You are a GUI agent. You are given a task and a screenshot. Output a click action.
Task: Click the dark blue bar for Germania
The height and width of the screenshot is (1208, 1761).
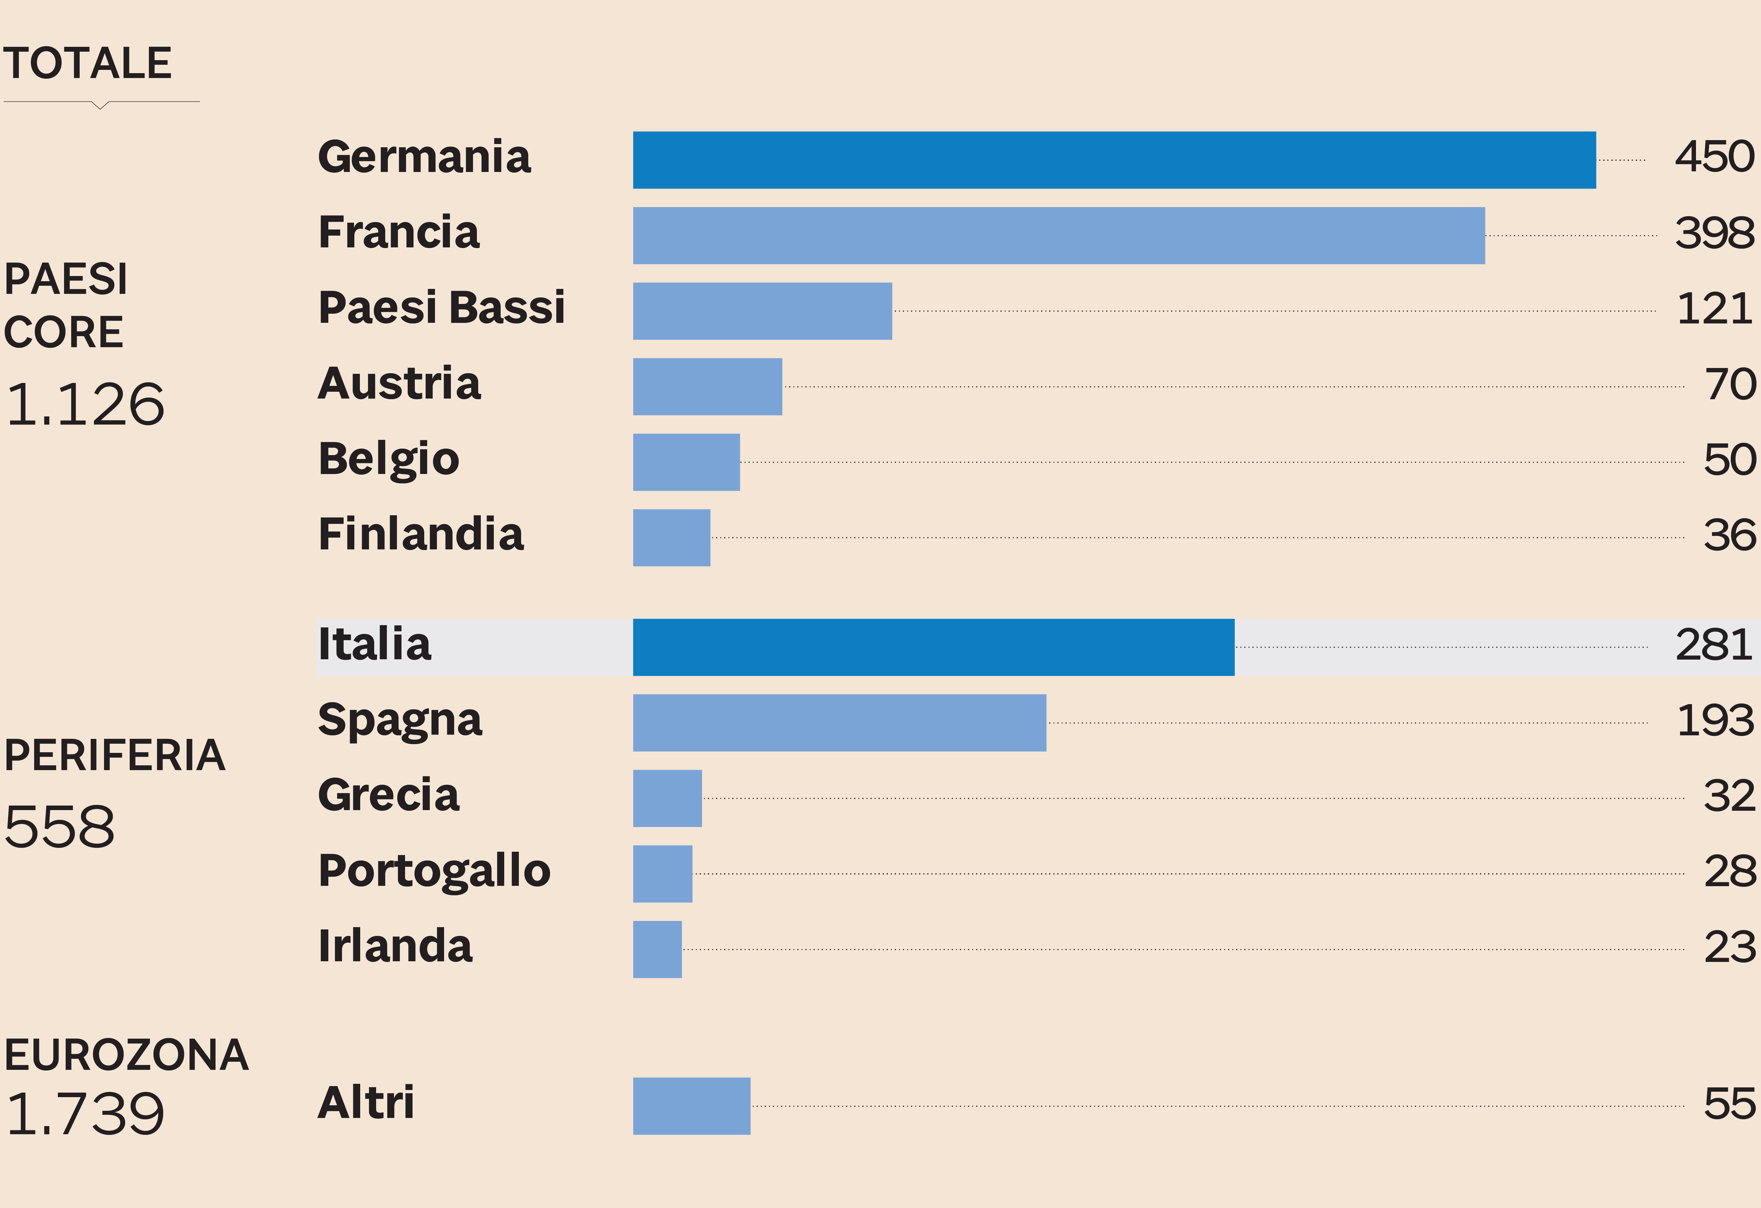coord(1114,160)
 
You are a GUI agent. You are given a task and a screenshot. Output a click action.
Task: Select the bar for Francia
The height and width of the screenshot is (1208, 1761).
coord(1058,236)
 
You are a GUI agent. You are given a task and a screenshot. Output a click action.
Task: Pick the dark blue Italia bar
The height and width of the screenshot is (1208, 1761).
coord(934,647)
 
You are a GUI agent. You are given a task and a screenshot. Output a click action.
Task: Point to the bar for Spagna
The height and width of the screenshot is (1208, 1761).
coord(840,723)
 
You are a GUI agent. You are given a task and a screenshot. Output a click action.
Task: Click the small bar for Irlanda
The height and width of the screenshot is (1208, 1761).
coord(657,950)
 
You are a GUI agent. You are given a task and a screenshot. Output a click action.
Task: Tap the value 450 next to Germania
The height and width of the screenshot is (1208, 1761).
coord(1714,158)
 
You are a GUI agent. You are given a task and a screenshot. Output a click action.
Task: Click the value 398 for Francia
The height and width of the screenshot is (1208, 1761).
coord(1714,233)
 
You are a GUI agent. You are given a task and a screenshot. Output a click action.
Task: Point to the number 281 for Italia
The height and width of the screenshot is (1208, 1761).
coord(1714,646)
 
